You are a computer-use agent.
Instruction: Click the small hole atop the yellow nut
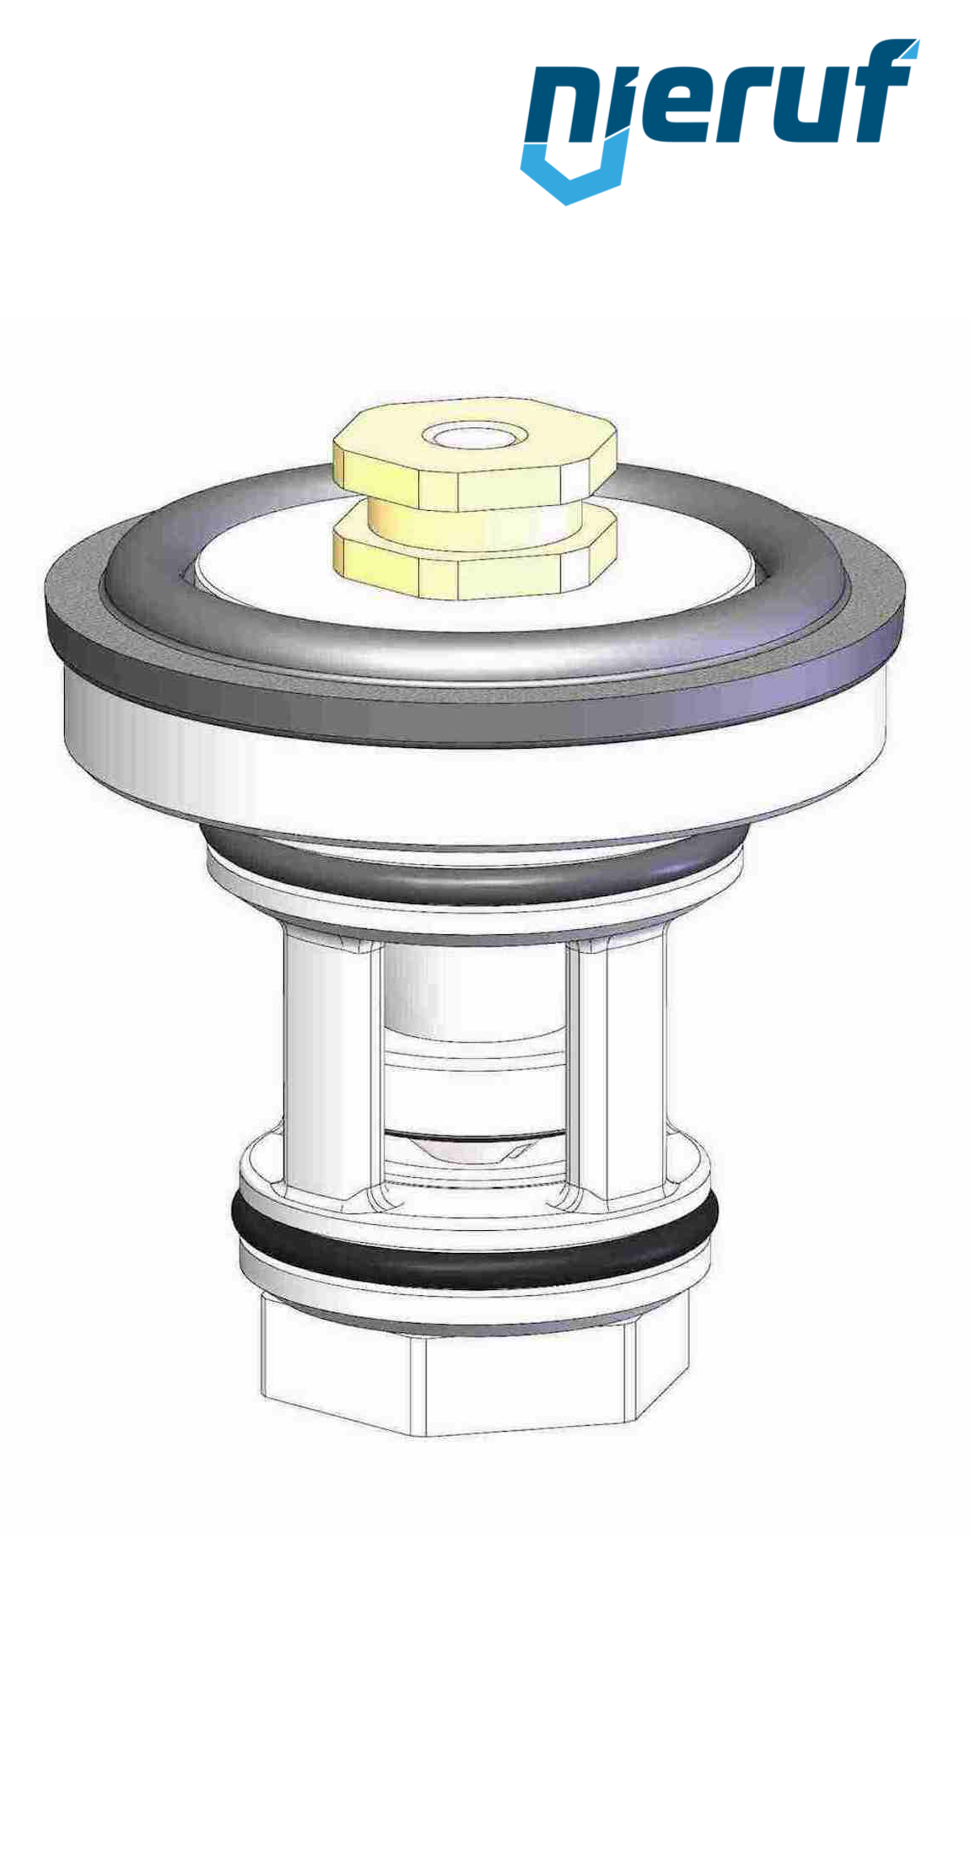(474, 436)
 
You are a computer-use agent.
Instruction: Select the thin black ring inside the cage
(472, 1137)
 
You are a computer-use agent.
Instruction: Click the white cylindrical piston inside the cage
(472, 995)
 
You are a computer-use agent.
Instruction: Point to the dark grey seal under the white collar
(472, 877)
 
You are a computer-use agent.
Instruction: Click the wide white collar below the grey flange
(472, 784)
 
